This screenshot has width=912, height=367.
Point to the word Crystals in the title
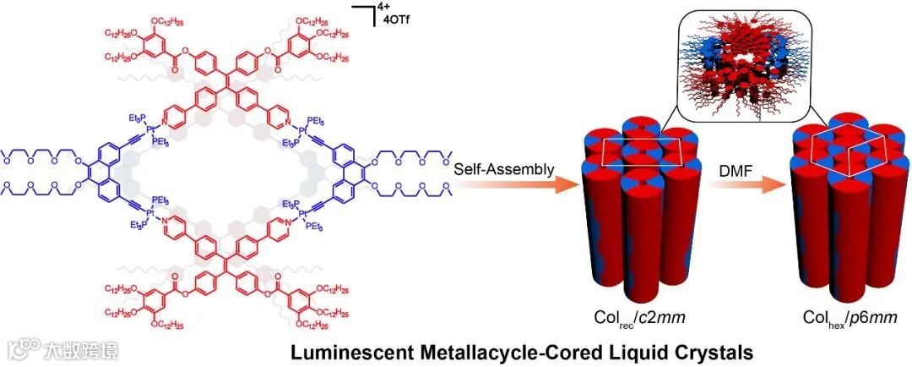point(645,348)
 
